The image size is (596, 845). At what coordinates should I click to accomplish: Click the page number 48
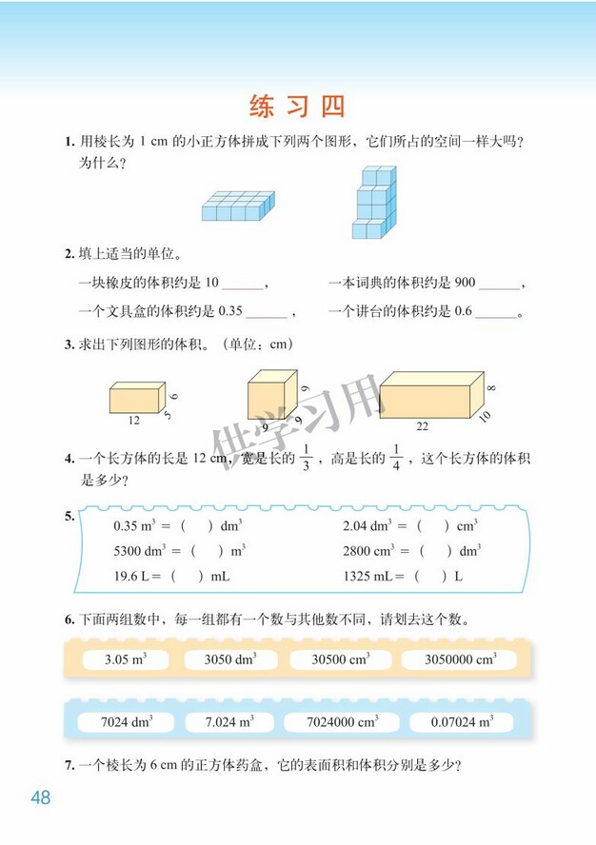coord(40,797)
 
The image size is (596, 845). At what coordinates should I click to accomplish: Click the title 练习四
coord(297,105)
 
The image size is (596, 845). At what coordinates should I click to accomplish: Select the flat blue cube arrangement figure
coord(237,206)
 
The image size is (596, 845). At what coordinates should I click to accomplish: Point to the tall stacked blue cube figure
coord(372,202)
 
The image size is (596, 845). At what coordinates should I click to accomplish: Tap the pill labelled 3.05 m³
coord(123,659)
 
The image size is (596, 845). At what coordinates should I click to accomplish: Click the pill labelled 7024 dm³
coord(126,722)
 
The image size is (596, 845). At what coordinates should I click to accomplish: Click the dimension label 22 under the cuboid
coord(423,426)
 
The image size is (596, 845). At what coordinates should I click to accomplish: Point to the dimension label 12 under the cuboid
coord(133,420)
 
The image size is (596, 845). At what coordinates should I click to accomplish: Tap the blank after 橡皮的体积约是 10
coord(244,284)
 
